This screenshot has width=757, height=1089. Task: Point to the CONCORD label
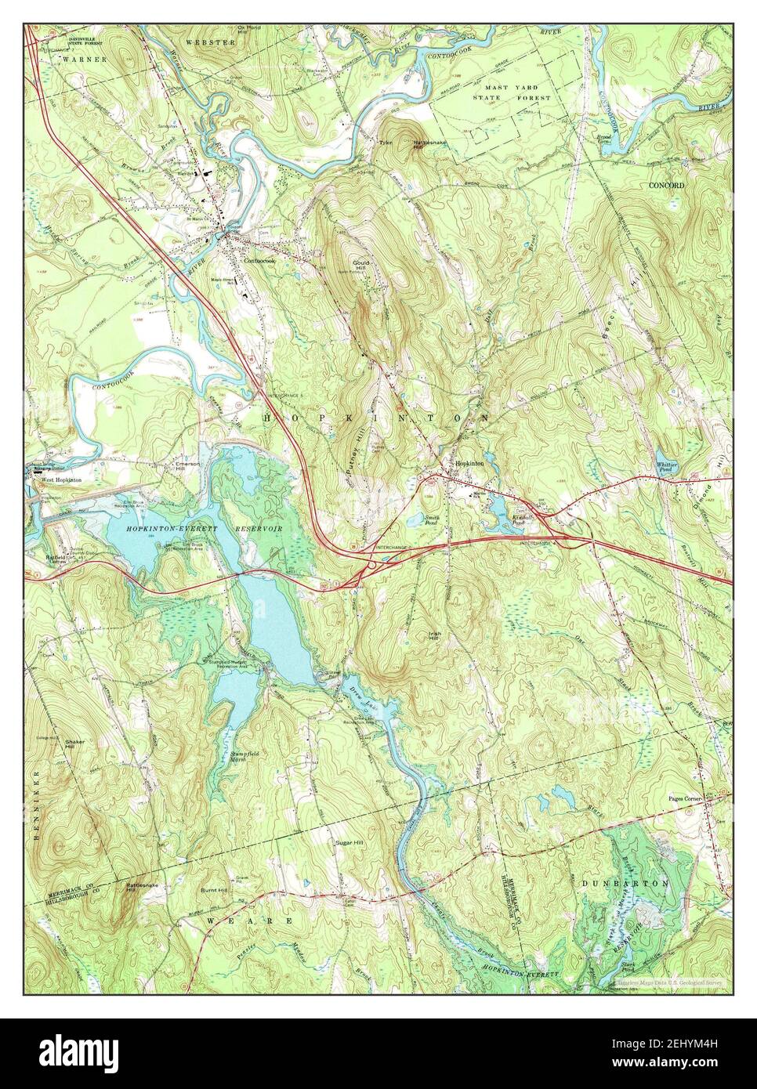click(666, 186)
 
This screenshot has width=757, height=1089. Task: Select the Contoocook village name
click(260, 261)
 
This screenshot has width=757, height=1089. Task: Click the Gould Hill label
click(360, 269)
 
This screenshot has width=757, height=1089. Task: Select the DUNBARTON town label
click(625, 883)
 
